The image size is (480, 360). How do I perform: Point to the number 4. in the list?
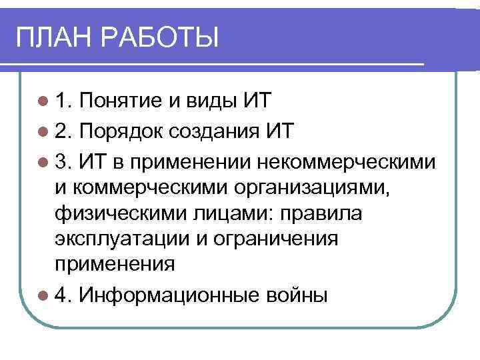pos(64,294)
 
